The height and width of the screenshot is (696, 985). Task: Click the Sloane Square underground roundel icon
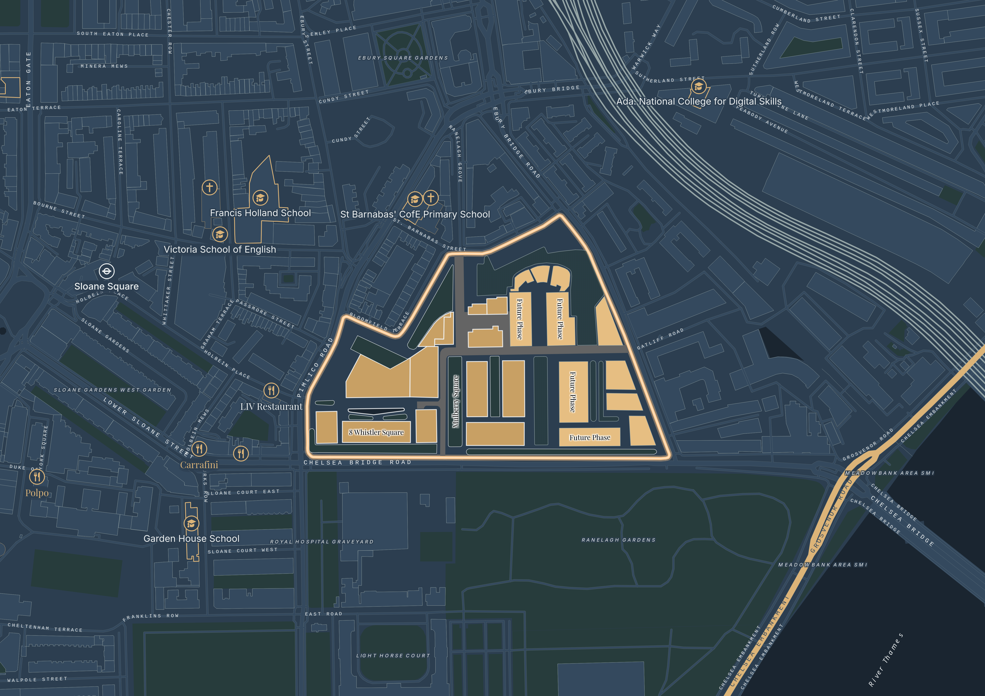(x=106, y=271)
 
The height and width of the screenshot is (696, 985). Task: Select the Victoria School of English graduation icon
(x=220, y=234)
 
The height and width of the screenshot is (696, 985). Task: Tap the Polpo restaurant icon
(x=37, y=477)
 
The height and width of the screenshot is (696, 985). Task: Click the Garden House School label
(x=191, y=539)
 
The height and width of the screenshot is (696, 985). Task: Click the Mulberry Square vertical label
(x=456, y=402)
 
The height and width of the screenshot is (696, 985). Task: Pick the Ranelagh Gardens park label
(x=618, y=540)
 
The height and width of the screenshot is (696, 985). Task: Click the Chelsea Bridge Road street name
(x=357, y=462)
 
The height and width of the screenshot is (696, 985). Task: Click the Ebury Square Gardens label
(x=403, y=58)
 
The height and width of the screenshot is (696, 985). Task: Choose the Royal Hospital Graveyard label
(x=322, y=542)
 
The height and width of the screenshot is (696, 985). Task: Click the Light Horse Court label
(x=393, y=655)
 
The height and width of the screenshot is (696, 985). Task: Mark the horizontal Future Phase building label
(x=590, y=437)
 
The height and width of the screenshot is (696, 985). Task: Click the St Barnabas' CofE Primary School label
(x=415, y=214)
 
